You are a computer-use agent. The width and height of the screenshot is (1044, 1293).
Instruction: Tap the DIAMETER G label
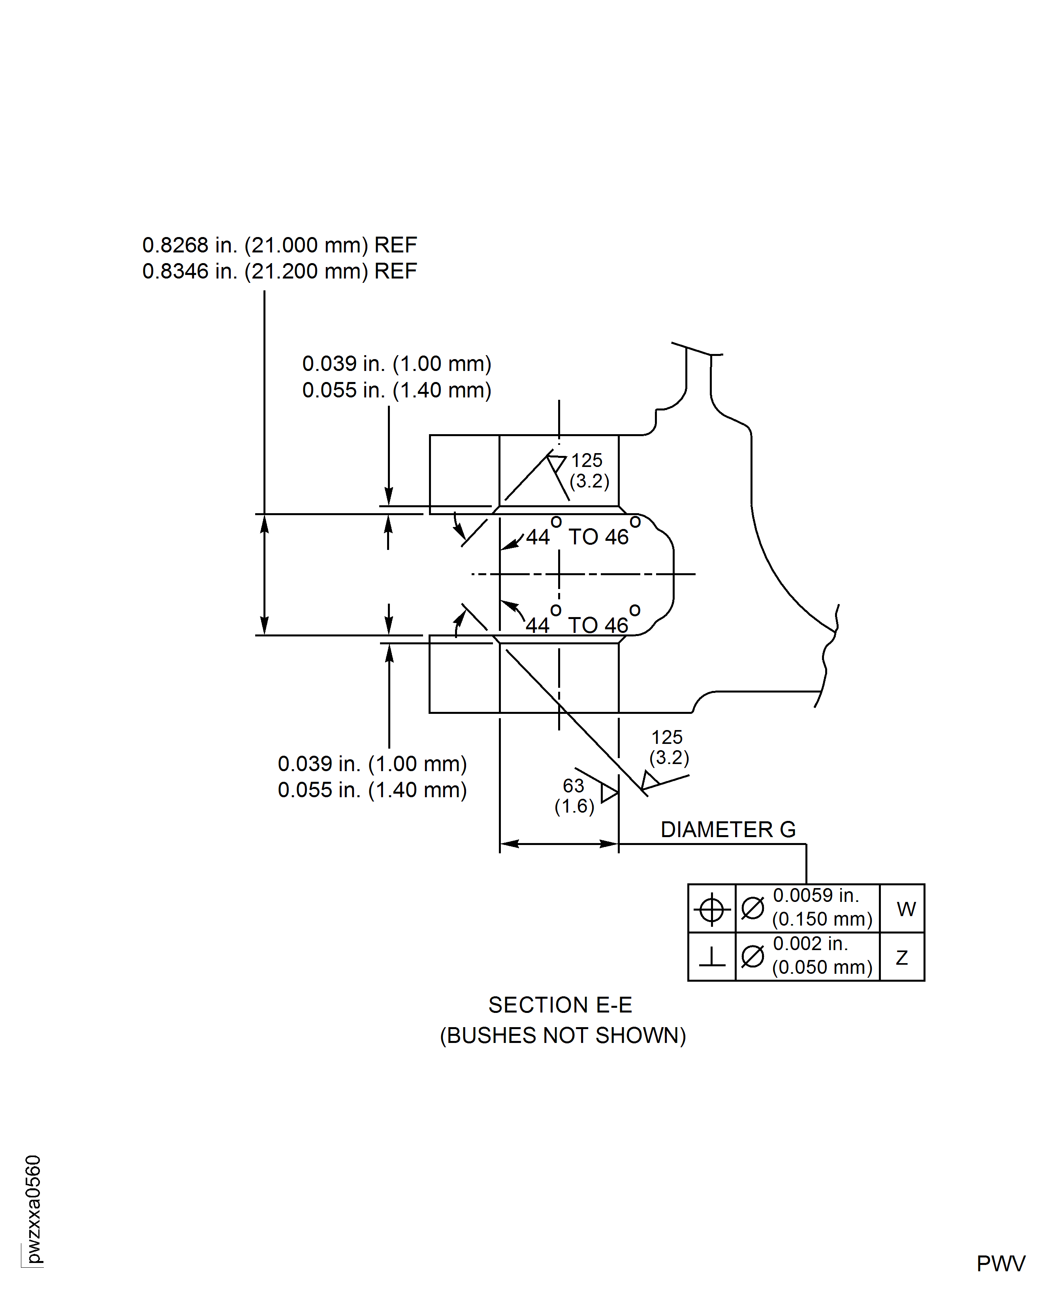pyautogui.click(x=728, y=830)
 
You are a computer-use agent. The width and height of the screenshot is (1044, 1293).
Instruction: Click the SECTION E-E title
pyautogui.click(x=560, y=1005)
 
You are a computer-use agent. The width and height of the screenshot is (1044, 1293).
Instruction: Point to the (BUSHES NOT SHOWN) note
pyautogui.click(x=562, y=1035)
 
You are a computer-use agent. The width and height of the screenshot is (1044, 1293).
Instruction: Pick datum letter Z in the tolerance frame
pyautogui.click(x=901, y=957)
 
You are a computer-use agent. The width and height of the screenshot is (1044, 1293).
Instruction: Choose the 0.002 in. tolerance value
pyautogui.click(x=810, y=944)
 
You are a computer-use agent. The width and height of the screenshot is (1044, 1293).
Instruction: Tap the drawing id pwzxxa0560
pyautogui.click(x=33, y=1209)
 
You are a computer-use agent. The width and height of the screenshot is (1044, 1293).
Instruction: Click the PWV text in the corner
pyautogui.click(x=1001, y=1263)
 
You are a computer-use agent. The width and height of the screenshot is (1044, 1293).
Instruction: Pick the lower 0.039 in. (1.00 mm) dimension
pyautogui.click(x=372, y=764)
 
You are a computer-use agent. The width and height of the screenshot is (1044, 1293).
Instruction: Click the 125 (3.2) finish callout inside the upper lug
pyautogui.click(x=588, y=470)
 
